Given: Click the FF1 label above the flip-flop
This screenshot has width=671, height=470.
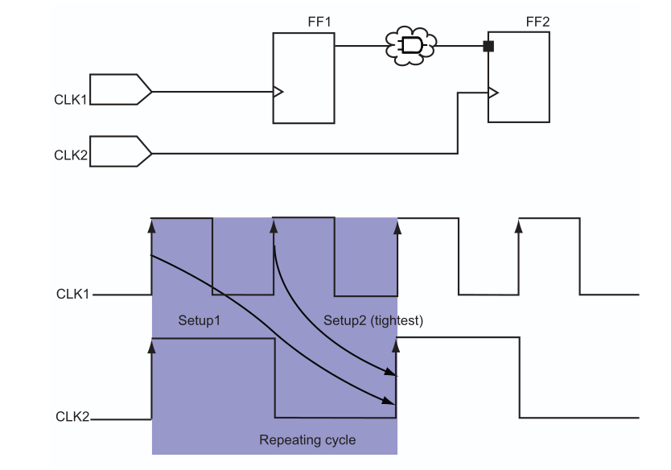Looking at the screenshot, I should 319,21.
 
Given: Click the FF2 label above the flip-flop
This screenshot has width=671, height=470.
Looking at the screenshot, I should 537,21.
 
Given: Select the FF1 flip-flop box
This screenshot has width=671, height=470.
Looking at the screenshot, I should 303,77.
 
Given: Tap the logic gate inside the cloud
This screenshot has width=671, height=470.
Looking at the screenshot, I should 411,46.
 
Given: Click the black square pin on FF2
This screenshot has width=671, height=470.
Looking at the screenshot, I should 488,46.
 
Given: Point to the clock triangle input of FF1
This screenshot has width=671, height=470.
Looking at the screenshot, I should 278,91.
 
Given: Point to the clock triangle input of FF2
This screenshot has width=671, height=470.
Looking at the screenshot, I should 493,92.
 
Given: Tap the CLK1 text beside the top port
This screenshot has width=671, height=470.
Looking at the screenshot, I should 71,101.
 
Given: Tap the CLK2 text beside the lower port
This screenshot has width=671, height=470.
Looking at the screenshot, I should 71,154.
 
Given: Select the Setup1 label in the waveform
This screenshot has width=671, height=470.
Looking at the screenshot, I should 199,320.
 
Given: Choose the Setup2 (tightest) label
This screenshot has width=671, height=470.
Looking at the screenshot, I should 373,320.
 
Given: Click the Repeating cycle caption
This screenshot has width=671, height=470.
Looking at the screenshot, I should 307,440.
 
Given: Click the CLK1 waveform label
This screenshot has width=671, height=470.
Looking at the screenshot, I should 72,295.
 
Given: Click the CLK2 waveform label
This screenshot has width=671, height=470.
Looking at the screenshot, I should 72,417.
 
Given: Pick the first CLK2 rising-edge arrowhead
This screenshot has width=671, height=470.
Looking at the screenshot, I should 152,347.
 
